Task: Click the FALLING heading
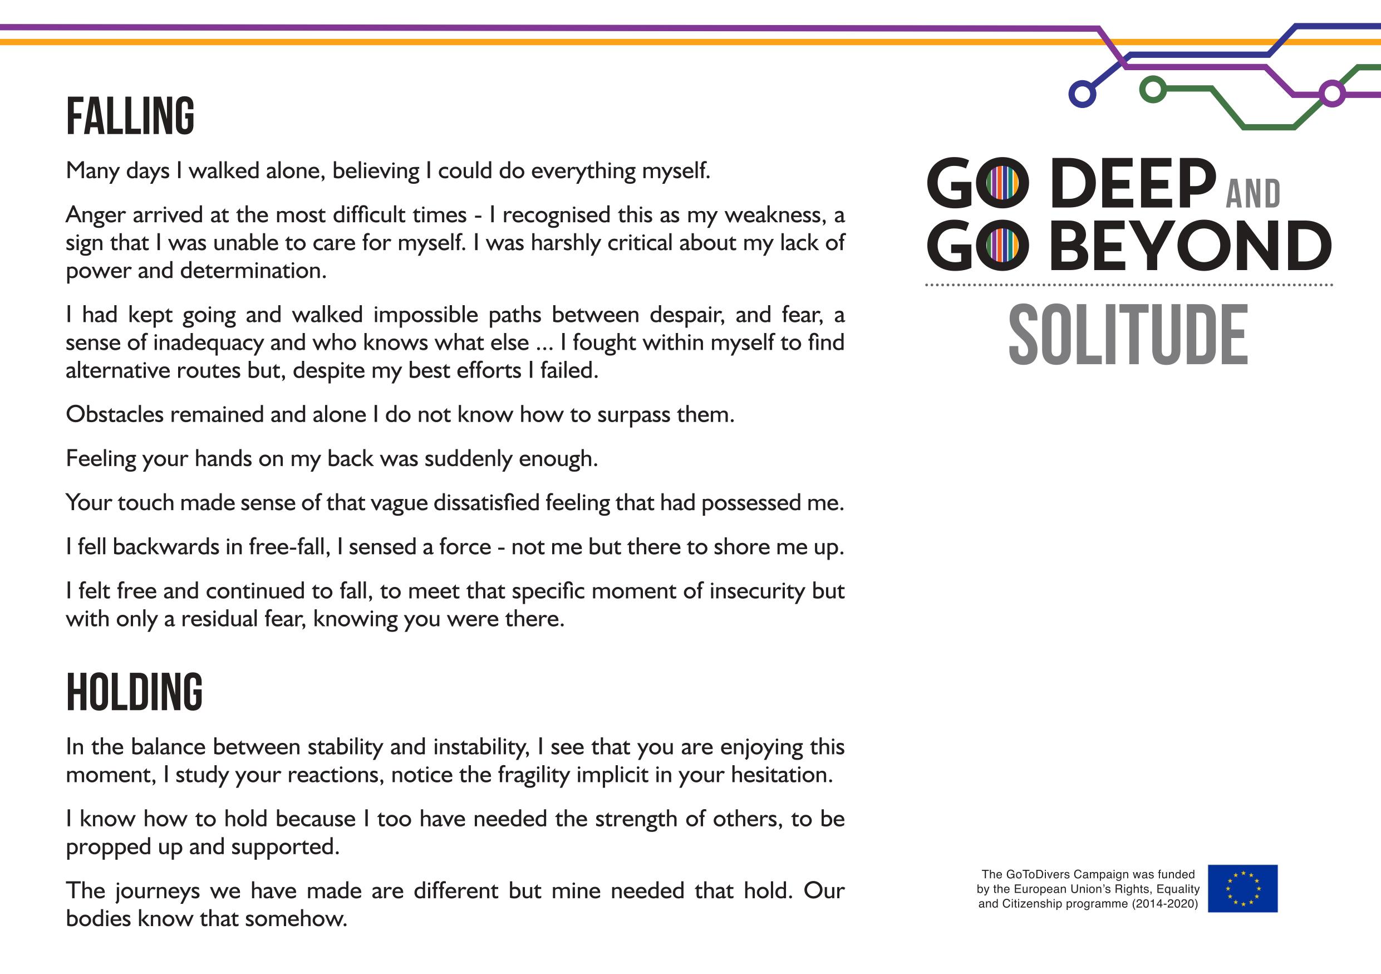tap(130, 115)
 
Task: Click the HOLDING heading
tap(134, 692)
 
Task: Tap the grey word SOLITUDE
tap(1128, 335)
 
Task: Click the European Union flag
tap(1242, 888)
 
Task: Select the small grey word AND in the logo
tap(1253, 194)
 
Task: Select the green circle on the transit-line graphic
tap(1152, 90)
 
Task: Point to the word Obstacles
tap(114, 414)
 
